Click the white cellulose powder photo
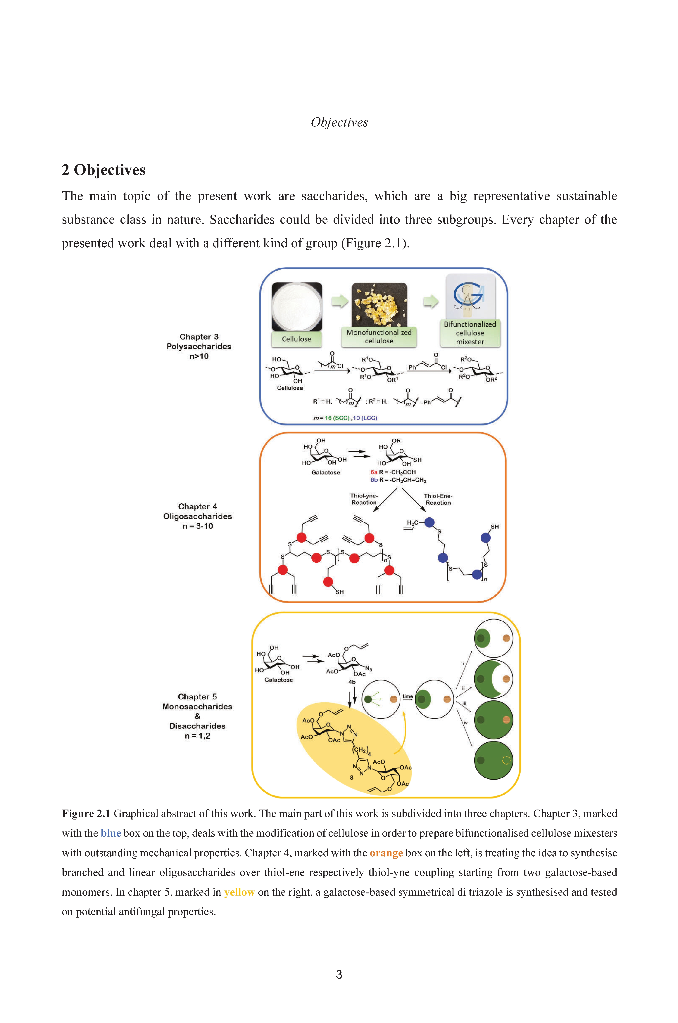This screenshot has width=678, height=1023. [x=297, y=307]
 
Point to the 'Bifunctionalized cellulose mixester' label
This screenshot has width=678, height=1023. [x=470, y=333]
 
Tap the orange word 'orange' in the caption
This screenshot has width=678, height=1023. [x=386, y=853]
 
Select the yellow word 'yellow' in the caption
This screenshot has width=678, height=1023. [x=239, y=892]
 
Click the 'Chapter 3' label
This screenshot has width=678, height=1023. [x=199, y=337]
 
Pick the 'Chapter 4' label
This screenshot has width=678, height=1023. [x=198, y=506]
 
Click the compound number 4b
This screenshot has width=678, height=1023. [x=352, y=682]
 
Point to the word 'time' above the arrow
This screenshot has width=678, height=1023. [x=407, y=696]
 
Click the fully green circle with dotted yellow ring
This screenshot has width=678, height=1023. [x=493, y=760]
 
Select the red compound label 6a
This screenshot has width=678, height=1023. [x=374, y=472]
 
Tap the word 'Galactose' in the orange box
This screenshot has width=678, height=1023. [x=326, y=473]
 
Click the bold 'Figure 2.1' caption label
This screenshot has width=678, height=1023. [x=86, y=813]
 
